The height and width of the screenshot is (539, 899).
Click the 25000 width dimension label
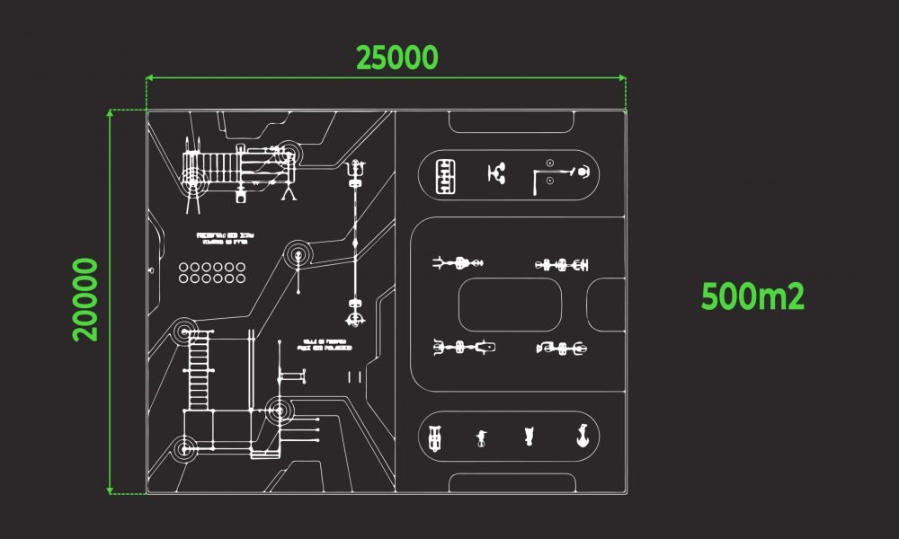(x=397, y=57)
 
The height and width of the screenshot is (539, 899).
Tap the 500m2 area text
(x=752, y=296)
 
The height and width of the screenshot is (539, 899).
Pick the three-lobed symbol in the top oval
(x=495, y=172)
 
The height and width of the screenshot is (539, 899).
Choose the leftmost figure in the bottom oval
(x=435, y=437)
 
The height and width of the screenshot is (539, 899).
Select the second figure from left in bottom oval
(x=482, y=438)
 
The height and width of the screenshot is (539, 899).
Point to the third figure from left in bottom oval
(x=529, y=437)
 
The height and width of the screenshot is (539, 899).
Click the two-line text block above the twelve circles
(x=226, y=239)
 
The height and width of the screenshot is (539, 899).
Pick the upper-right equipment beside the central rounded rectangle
(x=562, y=264)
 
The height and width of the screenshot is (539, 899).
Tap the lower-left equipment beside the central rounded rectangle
(x=464, y=347)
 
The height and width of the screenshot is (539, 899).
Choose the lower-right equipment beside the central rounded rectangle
(x=562, y=348)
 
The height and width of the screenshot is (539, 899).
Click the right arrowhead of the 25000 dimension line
(x=623, y=79)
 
